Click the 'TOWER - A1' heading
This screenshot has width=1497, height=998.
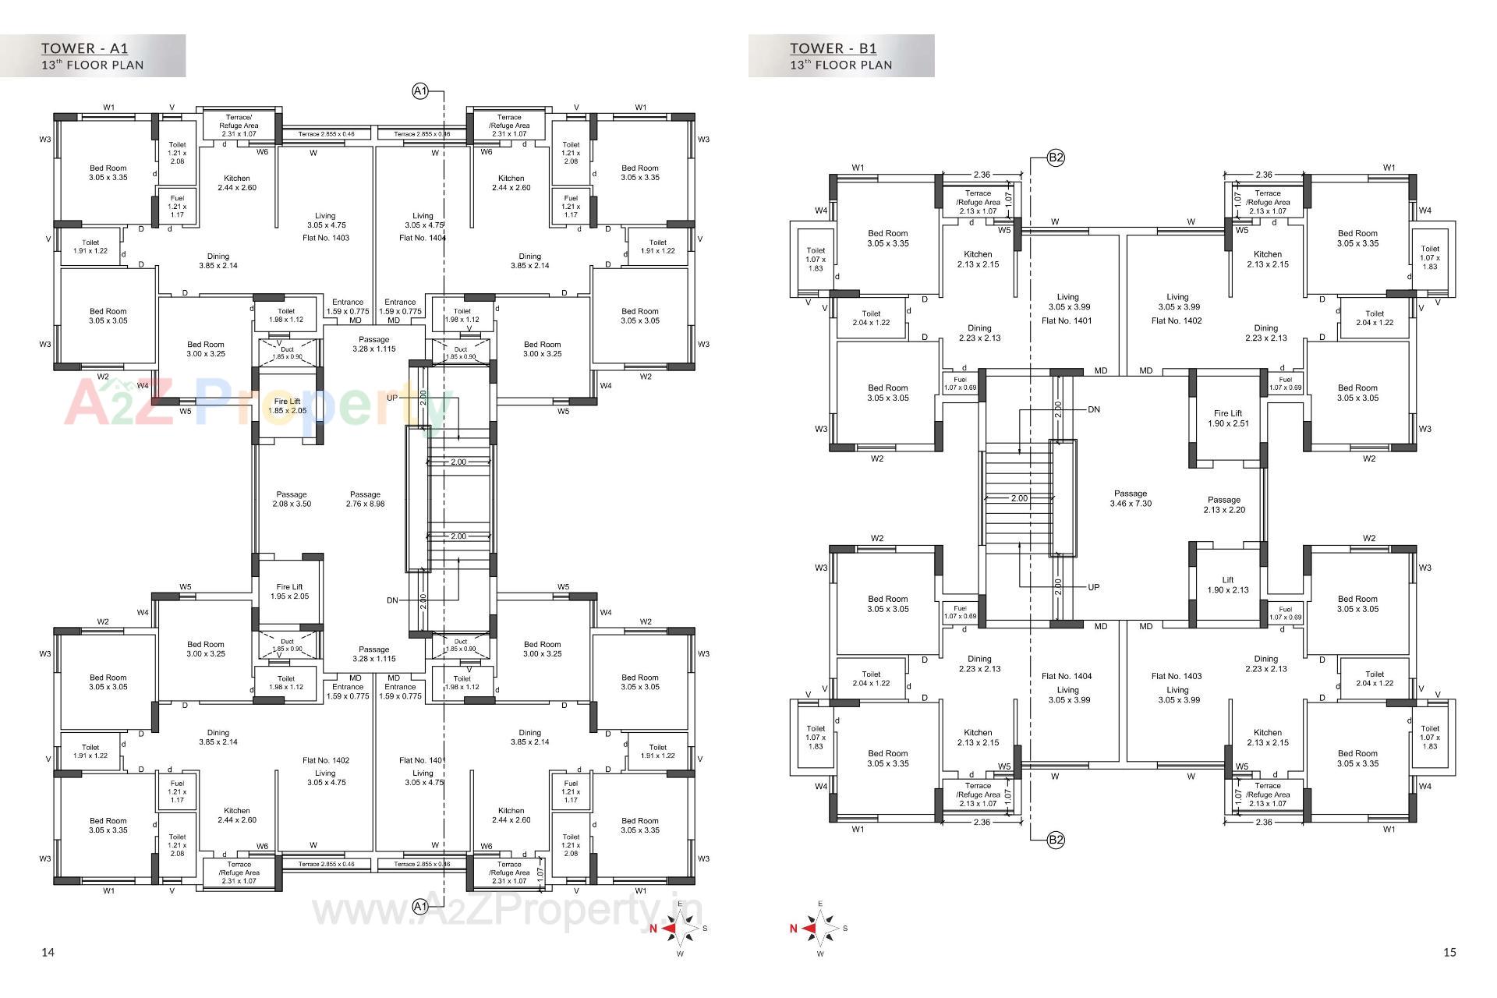[84, 48]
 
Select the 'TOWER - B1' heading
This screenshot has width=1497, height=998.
[833, 48]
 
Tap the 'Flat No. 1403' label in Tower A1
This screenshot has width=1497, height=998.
[325, 238]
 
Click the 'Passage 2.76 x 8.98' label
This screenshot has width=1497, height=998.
[365, 499]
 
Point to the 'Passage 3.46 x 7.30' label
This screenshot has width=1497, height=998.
[1131, 498]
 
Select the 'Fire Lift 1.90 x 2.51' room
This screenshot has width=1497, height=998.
[1228, 419]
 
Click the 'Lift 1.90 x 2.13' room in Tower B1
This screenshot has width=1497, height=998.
[1228, 585]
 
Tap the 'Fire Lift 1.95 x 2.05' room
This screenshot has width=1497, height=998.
[289, 591]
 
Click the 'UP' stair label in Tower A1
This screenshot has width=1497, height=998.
[392, 398]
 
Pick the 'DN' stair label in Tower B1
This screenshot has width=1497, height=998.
[1094, 409]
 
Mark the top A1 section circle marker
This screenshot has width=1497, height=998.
[419, 92]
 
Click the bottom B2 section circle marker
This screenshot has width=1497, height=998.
[1056, 840]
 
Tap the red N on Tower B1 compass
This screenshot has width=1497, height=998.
[794, 929]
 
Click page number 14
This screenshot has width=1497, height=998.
[48, 952]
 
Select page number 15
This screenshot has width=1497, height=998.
[1449, 952]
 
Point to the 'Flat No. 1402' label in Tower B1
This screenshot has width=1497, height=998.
[1177, 320]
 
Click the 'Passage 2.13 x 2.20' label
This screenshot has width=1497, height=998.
[1224, 504]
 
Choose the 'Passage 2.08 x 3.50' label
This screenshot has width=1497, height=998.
[292, 499]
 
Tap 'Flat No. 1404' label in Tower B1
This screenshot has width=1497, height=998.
[1067, 676]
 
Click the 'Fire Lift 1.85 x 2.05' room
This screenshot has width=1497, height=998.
[288, 405]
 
